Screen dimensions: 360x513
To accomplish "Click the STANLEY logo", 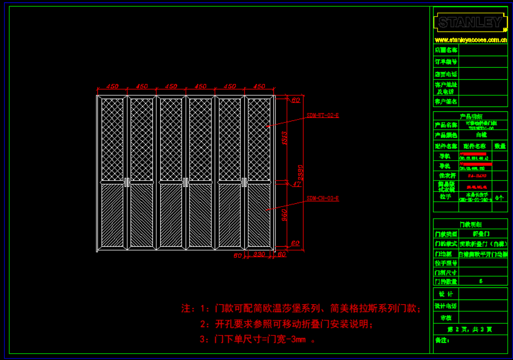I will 470,22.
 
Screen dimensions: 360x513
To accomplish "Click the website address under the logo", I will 470,40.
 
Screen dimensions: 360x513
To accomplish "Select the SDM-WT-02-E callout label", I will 323,116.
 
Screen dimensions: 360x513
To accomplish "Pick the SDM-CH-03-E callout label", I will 323,198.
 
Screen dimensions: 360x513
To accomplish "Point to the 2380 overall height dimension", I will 301,173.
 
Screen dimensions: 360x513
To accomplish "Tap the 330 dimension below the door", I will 259,255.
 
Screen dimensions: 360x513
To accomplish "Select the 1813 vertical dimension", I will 284,138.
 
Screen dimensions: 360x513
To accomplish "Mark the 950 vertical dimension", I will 284,213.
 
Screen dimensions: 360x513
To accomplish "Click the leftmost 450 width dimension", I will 112,87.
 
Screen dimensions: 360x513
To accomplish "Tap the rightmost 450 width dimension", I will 259,87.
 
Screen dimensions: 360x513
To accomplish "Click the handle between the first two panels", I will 127,182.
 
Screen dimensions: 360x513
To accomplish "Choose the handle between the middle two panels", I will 186,182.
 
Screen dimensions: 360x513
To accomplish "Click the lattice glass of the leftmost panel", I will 112,139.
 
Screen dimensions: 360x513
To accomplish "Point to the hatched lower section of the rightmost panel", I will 259,215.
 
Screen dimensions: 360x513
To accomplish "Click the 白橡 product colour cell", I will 481,135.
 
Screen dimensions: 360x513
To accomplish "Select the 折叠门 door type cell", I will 481,234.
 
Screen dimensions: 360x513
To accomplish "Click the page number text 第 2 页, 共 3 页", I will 470,329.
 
